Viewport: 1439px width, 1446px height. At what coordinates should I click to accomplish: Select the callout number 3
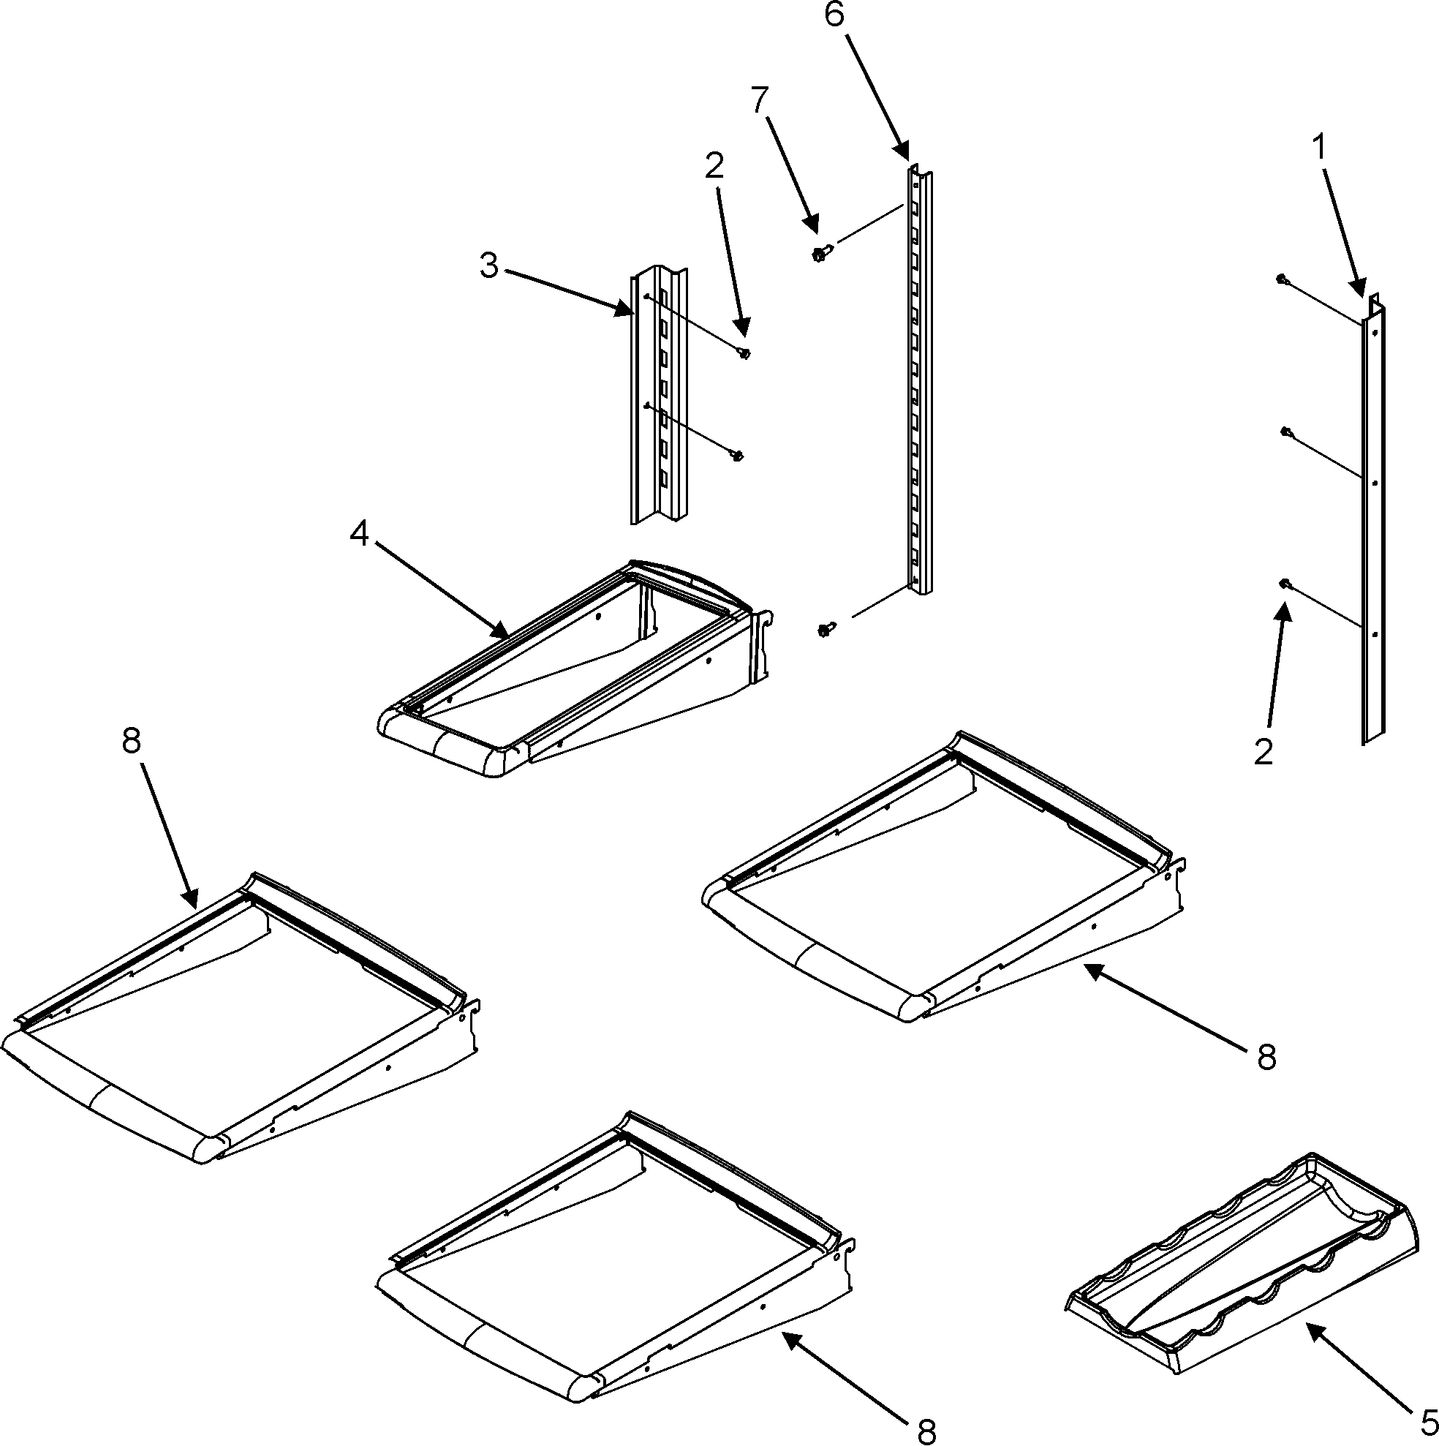(489, 266)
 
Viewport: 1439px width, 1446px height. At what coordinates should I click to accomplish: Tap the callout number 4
(360, 534)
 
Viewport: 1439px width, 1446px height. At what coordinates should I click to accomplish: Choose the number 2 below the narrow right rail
(1264, 752)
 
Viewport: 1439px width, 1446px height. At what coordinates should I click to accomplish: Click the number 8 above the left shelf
(131, 742)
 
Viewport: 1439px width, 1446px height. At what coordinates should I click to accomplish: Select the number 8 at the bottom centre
(926, 1431)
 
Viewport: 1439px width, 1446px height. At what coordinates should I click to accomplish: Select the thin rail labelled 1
(1372, 524)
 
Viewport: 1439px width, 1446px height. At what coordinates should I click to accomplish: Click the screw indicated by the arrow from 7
(819, 255)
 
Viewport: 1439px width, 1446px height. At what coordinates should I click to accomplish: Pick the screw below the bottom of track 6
(825, 630)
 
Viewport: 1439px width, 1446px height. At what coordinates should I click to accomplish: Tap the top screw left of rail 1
(1281, 279)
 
